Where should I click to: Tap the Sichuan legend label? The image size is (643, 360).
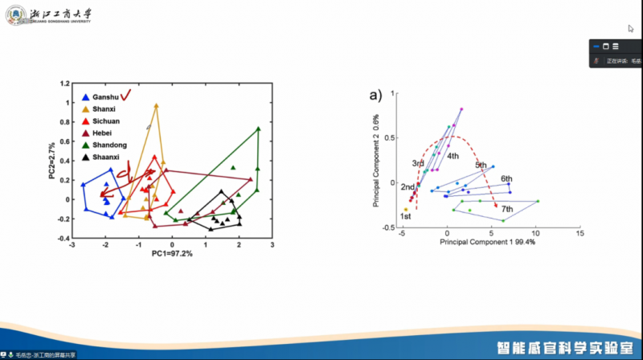coord(106,121)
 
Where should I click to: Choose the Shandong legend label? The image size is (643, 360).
coord(109,145)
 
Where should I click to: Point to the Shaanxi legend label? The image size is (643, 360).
coord(107,157)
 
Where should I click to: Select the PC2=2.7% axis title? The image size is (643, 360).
coord(51,161)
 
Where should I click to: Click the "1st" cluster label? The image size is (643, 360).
coord(406,216)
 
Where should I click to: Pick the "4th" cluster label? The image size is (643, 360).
coord(453,156)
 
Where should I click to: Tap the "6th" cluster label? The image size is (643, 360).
coord(506,178)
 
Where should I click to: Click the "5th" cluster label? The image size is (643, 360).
coord(481,166)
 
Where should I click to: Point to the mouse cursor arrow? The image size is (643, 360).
coord(631,29)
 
